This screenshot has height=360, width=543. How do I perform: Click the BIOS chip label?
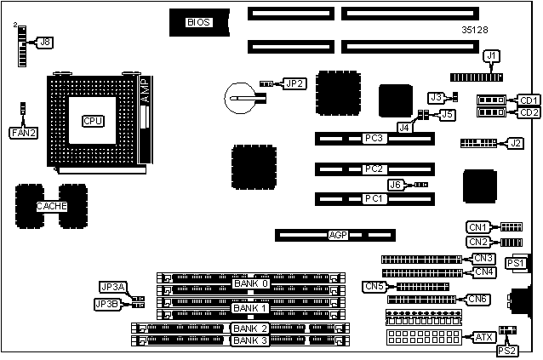click(198, 22)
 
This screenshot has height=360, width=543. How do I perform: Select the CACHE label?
click(51, 206)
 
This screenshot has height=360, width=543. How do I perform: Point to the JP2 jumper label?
click(294, 83)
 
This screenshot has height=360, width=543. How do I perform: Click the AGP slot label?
click(338, 234)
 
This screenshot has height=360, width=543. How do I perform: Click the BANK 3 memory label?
click(250, 340)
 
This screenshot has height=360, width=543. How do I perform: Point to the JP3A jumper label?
click(112, 287)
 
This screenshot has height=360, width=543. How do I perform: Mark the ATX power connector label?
click(483, 337)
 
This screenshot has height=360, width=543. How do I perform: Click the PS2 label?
click(506, 350)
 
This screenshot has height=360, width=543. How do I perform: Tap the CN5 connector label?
click(374, 286)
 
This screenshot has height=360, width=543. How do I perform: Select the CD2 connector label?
click(529, 112)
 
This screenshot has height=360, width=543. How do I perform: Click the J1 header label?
click(490, 56)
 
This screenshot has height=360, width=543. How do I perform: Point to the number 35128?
click(475, 30)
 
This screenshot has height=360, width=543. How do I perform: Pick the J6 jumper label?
click(394, 185)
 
